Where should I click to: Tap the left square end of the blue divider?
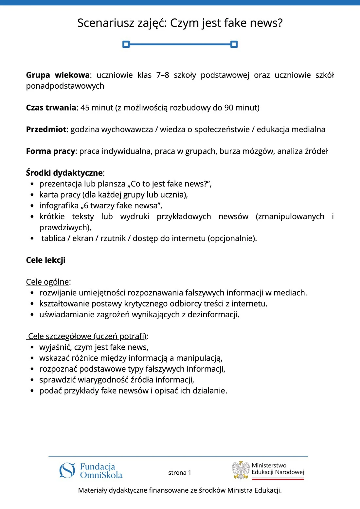126,44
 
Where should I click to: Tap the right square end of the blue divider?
234,44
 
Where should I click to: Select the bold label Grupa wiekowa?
58,75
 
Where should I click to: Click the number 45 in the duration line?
85,108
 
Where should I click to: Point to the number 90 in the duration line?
229,108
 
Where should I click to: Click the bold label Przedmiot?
46,130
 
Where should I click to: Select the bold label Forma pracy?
51,151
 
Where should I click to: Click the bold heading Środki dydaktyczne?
64,173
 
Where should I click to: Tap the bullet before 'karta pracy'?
32,195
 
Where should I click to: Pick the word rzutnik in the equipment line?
113,238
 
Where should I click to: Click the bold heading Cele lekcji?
46,260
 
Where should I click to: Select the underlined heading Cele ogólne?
48,282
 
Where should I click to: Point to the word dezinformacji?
213,315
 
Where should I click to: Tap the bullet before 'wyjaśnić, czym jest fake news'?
32,347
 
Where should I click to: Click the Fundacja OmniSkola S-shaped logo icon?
67,471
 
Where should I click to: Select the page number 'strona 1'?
180,473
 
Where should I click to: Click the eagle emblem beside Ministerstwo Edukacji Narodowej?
241,470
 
